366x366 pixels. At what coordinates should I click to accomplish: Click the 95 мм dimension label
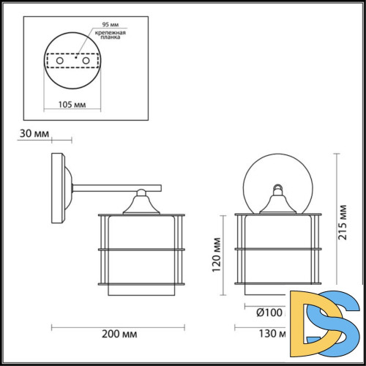click(x=102, y=23)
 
